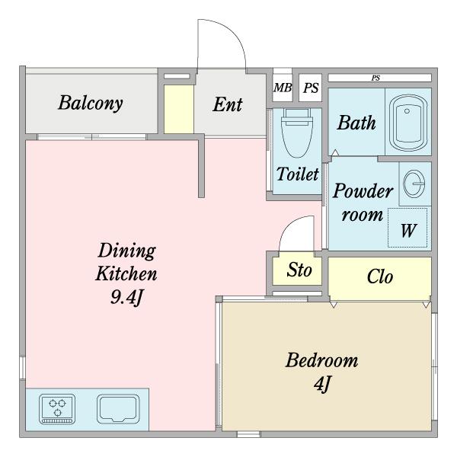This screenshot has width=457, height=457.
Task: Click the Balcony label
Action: pos(91,104)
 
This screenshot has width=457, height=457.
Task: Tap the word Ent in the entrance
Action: pos(228,104)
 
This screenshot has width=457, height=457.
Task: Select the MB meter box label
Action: pos(283,88)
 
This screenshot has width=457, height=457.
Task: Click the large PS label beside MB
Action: pos(311,88)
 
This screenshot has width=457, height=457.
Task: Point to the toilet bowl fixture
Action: pos(297,133)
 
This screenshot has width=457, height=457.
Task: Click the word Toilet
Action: pos(297,174)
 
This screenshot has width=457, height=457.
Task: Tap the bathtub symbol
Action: pos(408,123)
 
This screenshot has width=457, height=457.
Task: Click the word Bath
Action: pos(356,123)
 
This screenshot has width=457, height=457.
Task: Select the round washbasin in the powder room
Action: pos(414,184)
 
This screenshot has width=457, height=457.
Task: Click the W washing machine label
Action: pos(408,230)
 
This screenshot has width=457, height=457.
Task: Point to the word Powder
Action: pos(363,191)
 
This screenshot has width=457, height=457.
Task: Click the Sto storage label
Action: pos(299,270)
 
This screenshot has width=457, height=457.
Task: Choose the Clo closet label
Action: pos(380,276)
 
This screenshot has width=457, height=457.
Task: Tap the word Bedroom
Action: pos(321,360)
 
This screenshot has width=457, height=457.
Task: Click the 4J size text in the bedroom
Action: pos(322,384)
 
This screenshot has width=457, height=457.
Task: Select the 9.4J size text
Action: pos(126,297)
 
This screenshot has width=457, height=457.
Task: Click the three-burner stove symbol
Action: pos(57,408)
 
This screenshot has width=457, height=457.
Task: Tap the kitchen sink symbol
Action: pos(118,408)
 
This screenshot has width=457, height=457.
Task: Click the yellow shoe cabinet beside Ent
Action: pos(179,109)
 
